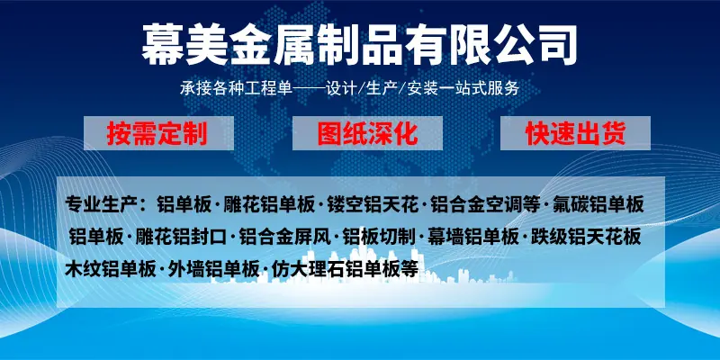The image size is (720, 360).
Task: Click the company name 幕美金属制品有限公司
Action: (359, 45)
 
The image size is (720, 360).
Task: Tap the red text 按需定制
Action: (157, 133)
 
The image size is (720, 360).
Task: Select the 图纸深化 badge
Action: (367, 133)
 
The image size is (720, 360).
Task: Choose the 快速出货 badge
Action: (575, 133)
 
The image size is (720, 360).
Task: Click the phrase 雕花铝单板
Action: (269, 205)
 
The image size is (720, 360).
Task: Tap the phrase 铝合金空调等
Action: (485, 205)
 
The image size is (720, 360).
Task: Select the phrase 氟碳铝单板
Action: (598, 205)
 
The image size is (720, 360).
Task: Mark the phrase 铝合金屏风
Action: (285, 237)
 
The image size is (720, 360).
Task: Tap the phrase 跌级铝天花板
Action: (586, 237)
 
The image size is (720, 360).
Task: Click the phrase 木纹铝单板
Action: (110, 269)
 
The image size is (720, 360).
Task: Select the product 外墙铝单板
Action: (214, 269)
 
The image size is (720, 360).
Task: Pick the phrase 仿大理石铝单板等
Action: (345, 269)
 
